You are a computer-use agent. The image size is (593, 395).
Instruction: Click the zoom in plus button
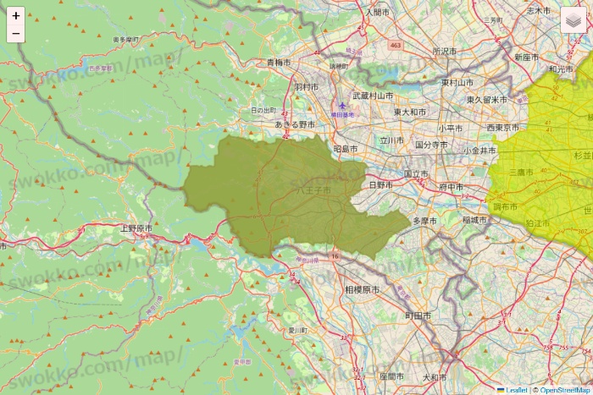coord(16,15)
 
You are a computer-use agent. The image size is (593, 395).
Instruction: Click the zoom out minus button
coord(16,34)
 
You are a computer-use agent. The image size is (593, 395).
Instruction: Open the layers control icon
coord(574,19)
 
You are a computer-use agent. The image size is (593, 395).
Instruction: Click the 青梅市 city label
coord(279,63)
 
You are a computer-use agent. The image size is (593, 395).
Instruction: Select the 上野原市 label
coord(136,228)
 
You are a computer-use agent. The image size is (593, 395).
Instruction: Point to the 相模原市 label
coord(362,289)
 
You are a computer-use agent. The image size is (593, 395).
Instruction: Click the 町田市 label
coord(418,315)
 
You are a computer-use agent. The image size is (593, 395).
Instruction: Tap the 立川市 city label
coord(394,140)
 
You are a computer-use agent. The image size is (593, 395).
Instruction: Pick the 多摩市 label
coord(424,221)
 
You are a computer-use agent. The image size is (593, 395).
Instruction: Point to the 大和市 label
coord(435,376)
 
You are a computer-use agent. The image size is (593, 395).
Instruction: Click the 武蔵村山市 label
coord(374,96)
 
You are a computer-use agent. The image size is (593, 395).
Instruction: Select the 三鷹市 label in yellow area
coord(520,172)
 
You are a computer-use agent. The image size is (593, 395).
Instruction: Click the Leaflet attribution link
coord(515,390)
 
